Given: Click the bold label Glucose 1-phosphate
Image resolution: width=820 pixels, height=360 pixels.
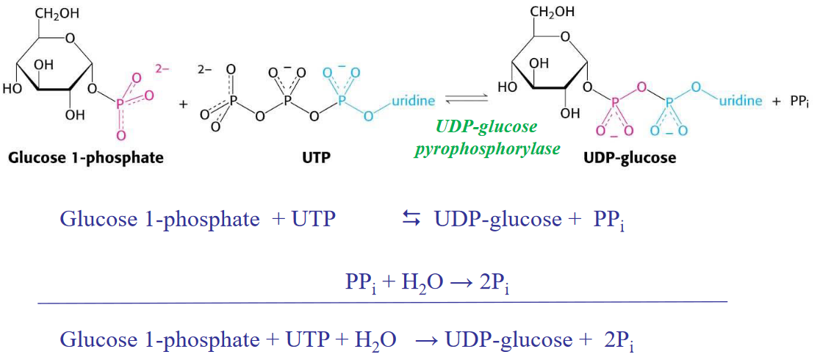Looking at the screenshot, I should click(x=85, y=158).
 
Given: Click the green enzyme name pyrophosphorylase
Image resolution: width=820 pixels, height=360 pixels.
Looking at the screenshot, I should click(x=486, y=148).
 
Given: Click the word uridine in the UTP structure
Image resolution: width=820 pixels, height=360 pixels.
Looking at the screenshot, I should click(x=414, y=101).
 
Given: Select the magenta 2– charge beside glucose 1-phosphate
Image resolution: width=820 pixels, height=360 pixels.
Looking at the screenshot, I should click(x=162, y=68).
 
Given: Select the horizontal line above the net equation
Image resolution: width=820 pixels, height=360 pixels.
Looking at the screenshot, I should click(x=382, y=302).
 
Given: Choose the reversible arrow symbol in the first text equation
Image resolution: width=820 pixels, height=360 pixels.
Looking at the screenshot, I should click(x=410, y=219).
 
